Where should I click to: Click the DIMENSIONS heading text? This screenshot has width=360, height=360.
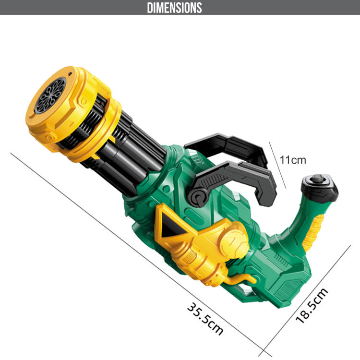175,8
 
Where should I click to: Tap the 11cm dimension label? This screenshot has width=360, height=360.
293,160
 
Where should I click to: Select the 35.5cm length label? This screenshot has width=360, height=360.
205,319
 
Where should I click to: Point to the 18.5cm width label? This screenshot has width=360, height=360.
312,306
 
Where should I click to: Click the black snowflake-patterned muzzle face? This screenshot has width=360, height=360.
50,96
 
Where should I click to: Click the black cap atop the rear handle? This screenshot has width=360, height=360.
320,188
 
